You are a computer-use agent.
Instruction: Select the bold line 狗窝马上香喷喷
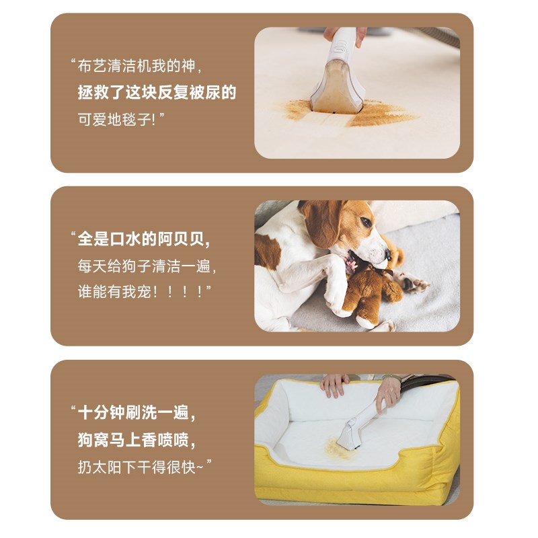tap(137, 439)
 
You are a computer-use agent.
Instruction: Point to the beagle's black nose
tap(388, 254)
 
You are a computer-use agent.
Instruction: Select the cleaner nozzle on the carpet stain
tap(338, 94)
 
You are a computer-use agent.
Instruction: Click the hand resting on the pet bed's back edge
tap(334, 385)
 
